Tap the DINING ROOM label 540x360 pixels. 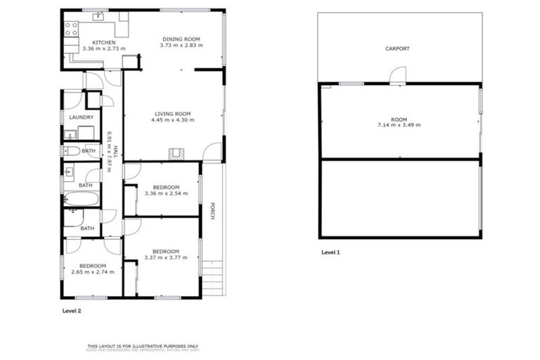coord(181,39)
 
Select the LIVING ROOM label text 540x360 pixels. coord(172,113)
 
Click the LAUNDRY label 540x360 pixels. coord(82,117)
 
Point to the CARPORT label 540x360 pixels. coord(397,49)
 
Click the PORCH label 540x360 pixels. coord(212,211)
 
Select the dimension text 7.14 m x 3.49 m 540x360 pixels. coord(399,125)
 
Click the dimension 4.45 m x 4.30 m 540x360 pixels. coord(172,120)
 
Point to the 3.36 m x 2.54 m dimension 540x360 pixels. coord(166,193)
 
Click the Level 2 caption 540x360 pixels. coord(72,310)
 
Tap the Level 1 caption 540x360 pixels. coord(330,252)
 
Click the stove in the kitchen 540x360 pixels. coord(71,29)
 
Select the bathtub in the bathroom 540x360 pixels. coord(82,199)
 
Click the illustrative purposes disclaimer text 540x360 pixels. coord(143,346)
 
